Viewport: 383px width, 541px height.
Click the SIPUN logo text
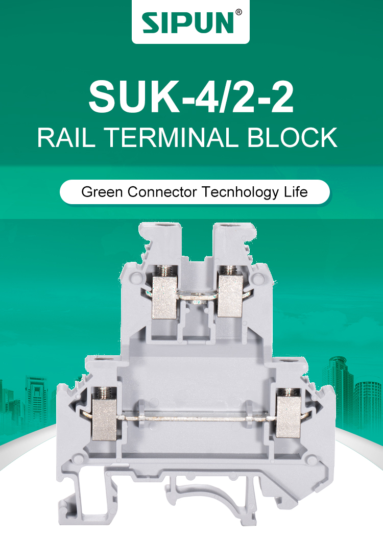tap(188, 23)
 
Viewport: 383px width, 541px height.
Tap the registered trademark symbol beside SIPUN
tap(238, 12)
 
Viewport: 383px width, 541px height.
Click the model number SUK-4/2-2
tap(191, 97)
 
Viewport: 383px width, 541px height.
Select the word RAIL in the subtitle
tap(66, 138)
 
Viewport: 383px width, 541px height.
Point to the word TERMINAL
tap(171, 138)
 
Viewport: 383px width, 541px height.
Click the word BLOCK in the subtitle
tap(292, 138)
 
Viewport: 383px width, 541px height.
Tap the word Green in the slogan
tap(102, 192)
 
